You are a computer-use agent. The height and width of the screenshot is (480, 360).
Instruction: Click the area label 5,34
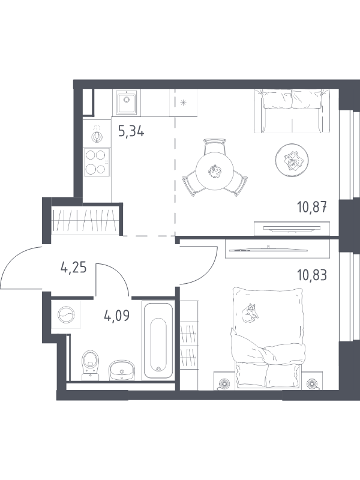pyautogui.click(x=131, y=131)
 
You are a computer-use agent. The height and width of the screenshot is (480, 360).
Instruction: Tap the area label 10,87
pyautogui.click(x=312, y=207)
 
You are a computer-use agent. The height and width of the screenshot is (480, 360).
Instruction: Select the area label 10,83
pyautogui.click(x=312, y=275)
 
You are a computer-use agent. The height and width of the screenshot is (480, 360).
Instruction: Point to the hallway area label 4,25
pyautogui.click(x=74, y=268)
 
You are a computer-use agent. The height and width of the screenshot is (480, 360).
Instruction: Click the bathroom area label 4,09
pyautogui.click(x=116, y=316)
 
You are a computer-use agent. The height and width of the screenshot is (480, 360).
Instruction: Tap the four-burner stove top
pyautogui.click(x=97, y=162)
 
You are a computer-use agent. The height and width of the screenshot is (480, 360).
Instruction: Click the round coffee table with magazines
pyautogui.click(x=292, y=160)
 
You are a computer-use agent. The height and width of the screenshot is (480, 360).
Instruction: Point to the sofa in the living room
pyautogui.click(x=292, y=111)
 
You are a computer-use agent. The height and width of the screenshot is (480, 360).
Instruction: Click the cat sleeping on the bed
pyautogui.click(x=250, y=313)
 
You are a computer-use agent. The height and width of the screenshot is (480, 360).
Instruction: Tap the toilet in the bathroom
pyautogui.click(x=91, y=365)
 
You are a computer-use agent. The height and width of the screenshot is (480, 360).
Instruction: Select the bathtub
pyautogui.click(x=158, y=340)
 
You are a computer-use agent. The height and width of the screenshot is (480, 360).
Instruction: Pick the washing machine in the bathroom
pyautogui.click(x=66, y=314)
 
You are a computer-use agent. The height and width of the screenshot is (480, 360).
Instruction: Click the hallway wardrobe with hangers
pyautogui.click(x=85, y=220)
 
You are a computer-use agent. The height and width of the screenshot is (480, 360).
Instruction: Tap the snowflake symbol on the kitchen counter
pyautogui.click(x=184, y=103)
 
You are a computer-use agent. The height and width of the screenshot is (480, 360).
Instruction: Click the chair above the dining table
pyautogui.click(x=215, y=147)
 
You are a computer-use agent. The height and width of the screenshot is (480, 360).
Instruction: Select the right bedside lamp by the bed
pyautogui.click(x=311, y=383)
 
